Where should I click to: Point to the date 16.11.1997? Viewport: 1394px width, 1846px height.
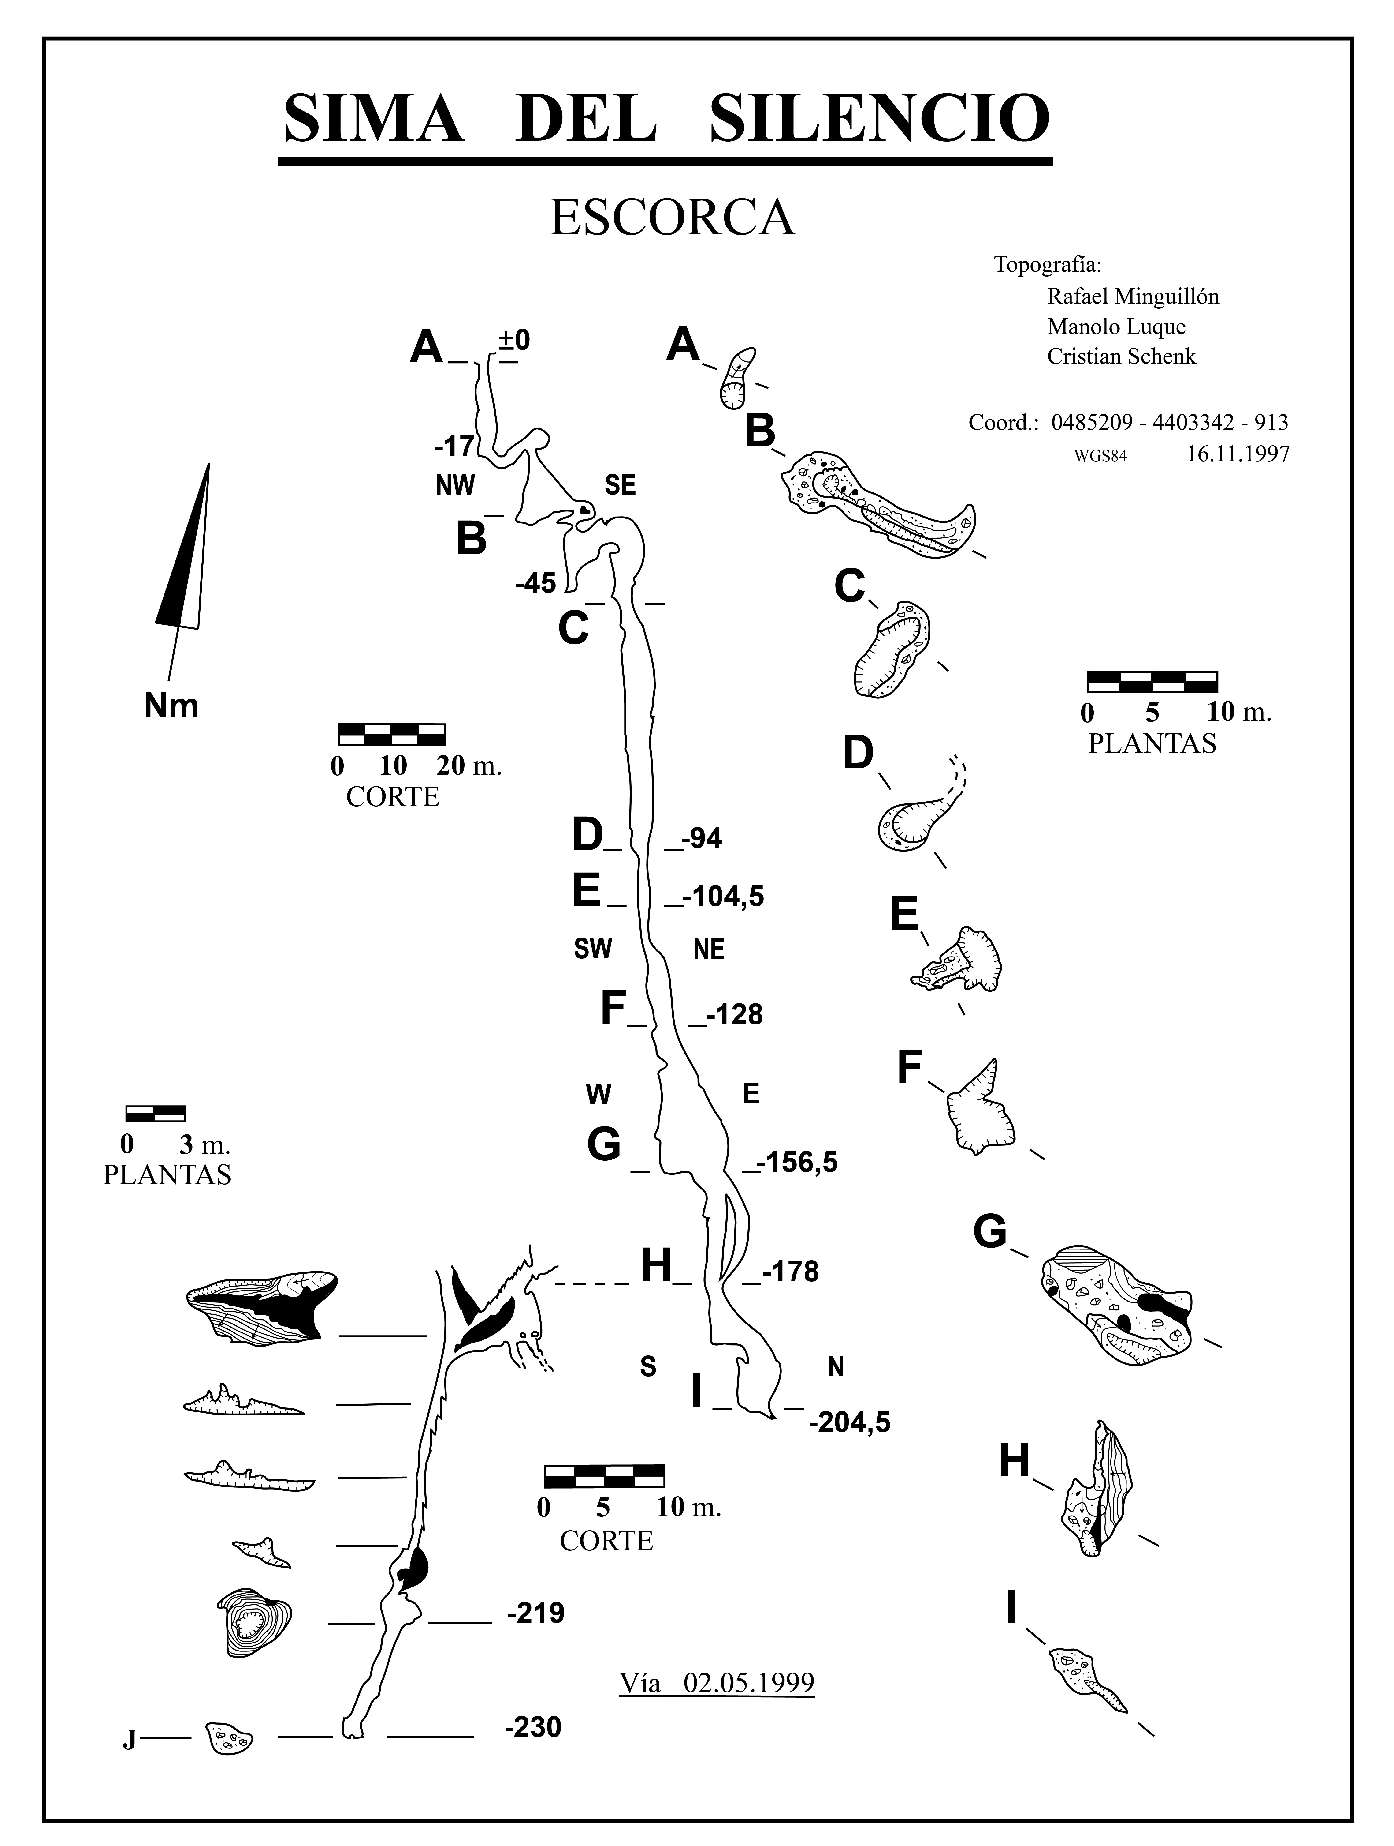point(1237,454)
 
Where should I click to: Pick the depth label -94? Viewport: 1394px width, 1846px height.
point(701,839)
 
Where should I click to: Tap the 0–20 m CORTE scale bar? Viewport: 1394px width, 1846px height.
point(391,734)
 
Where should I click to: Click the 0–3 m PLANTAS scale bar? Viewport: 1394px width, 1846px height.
point(155,1113)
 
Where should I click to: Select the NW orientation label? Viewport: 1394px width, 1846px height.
point(455,486)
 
